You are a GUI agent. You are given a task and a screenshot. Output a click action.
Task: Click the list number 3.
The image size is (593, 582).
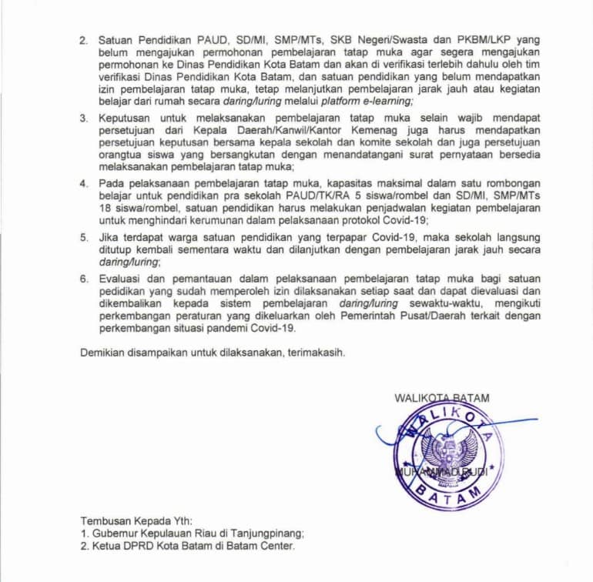pyautogui.click(x=85, y=118)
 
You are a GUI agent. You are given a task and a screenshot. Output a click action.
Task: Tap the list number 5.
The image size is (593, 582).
pyautogui.click(x=85, y=236)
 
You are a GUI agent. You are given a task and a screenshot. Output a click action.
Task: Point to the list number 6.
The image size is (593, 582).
pyautogui.click(x=85, y=278)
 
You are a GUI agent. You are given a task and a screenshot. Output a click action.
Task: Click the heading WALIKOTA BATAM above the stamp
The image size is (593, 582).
pyautogui.click(x=441, y=398)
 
